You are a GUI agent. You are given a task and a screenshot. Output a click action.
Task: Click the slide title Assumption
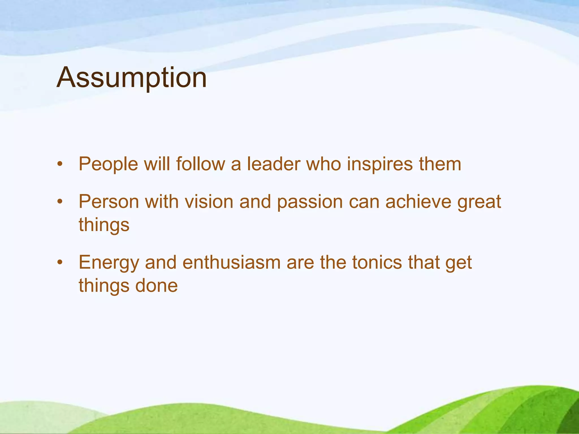pos(131,78)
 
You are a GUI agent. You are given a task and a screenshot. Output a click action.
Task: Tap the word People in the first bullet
pos(108,164)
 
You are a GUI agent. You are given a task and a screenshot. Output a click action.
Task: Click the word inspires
pos(380,164)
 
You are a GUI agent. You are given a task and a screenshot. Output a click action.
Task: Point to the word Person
pos(109,202)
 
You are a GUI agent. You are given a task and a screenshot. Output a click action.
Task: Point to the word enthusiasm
pos(232,262)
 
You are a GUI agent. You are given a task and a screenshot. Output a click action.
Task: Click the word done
pos(156,285)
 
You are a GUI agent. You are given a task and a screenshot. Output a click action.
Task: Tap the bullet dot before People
pos(59,164)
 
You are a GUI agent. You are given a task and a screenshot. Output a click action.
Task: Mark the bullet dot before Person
pos(59,202)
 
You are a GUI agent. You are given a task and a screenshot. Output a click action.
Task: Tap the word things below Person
pos(104,225)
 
